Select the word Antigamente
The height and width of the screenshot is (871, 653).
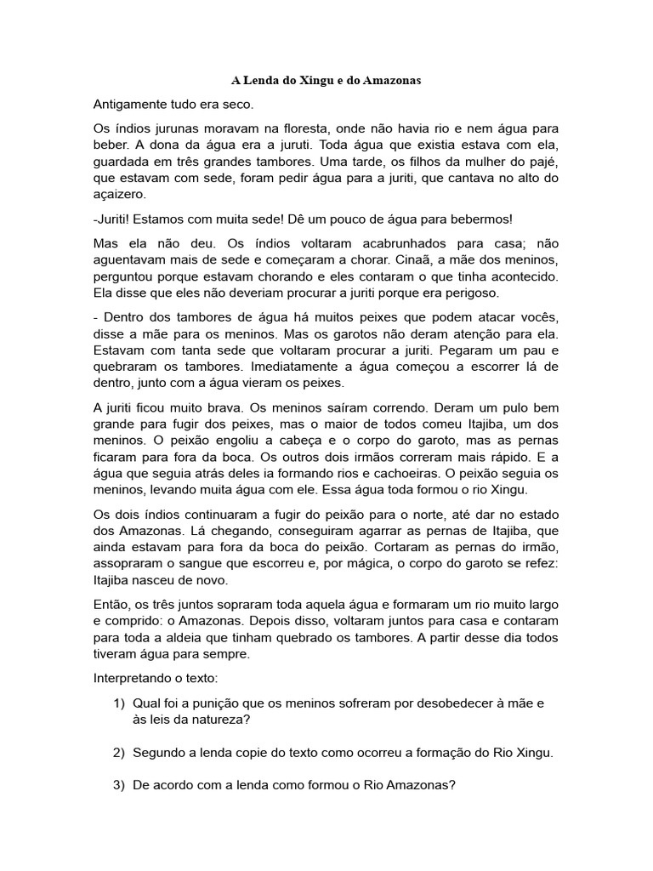[x=132, y=105]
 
